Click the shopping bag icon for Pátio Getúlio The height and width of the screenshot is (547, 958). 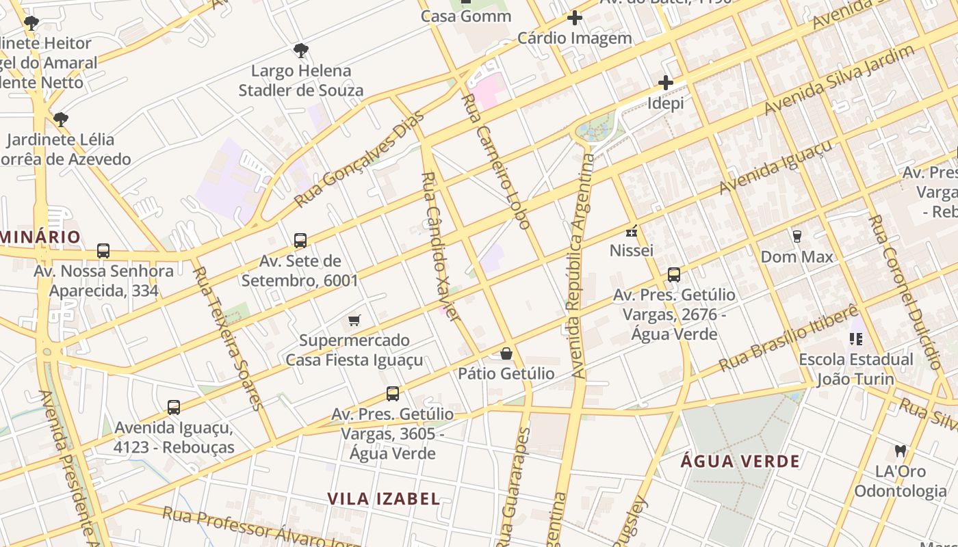(506, 353)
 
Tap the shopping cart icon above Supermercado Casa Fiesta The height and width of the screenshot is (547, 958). (354, 320)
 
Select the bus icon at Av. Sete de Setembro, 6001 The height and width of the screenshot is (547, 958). (300, 241)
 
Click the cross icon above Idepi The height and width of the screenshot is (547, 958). (666, 83)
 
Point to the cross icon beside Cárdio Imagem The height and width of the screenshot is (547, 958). (575, 18)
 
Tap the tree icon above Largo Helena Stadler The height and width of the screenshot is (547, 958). (300, 50)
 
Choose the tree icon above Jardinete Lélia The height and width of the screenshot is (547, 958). (61, 120)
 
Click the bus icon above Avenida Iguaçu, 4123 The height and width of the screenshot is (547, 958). (174, 408)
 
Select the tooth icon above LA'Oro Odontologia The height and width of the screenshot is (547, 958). (900, 451)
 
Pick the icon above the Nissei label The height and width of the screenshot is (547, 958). (631, 231)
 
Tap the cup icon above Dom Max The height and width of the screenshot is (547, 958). (797, 237)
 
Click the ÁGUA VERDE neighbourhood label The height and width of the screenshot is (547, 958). (740, 462)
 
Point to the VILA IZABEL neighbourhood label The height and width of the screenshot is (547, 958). (384, 498)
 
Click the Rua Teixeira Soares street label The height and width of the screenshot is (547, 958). (228, 338)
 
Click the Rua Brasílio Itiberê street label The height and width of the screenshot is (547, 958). (788, 338)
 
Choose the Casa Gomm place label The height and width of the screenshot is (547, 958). (466, 16)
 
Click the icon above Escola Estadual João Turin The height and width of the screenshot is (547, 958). (855, 338)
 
